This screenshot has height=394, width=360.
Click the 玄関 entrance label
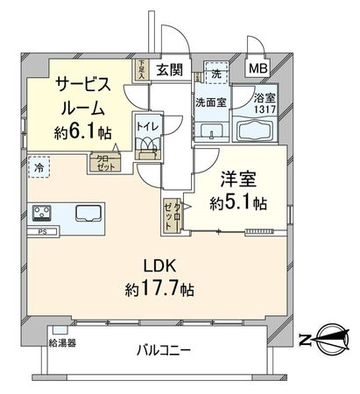point(169,69)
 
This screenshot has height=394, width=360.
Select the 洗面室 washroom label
point(211,101)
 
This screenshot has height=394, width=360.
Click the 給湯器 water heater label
point(62,342)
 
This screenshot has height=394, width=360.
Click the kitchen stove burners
point(44,214)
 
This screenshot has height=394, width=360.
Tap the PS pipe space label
point(42,232)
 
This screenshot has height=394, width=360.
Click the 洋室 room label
point(237,179)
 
